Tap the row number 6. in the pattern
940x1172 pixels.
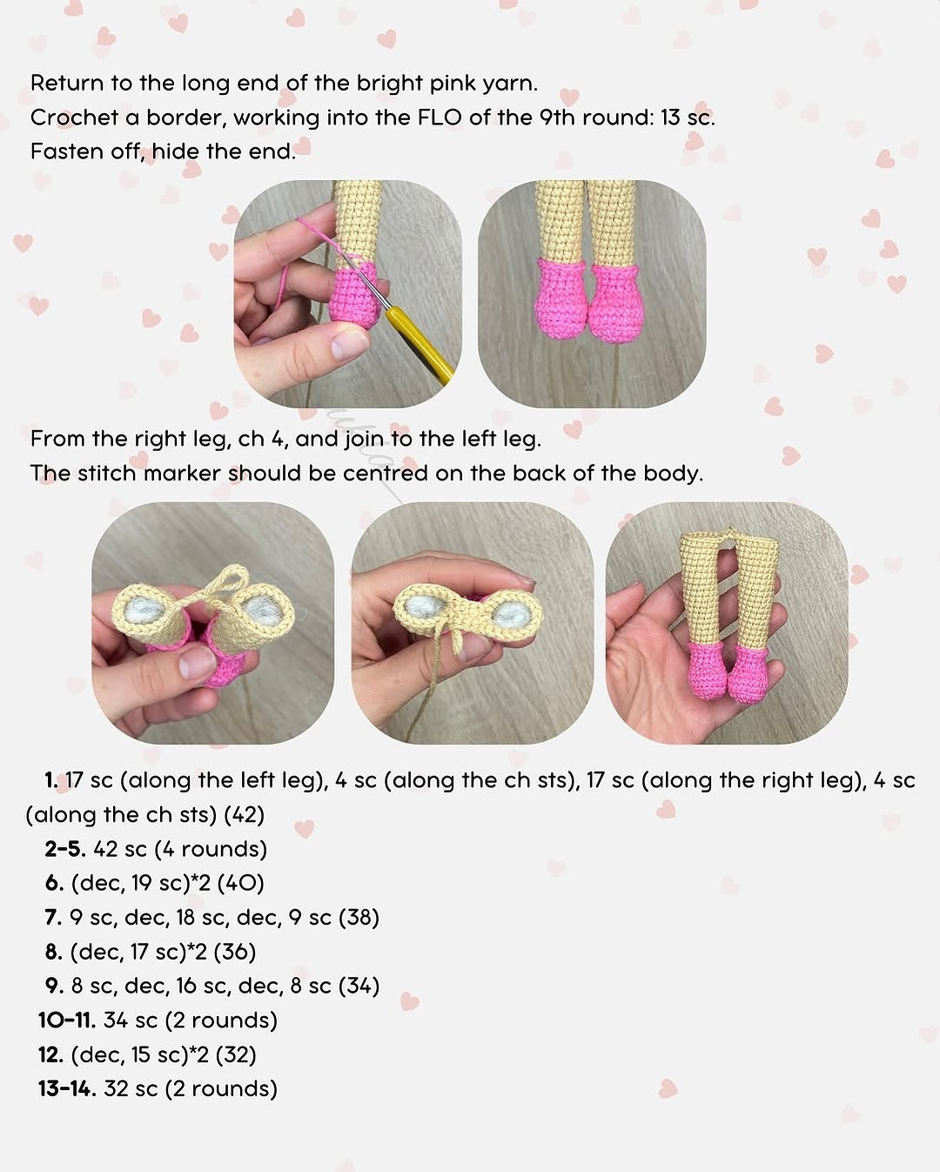click(x=55, y=883)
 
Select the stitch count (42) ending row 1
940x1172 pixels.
click(x=244, y=815)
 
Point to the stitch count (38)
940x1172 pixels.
click(x=359, y=917)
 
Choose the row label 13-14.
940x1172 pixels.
click(x=66, y=1088)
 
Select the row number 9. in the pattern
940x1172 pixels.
click(x=55, y=986)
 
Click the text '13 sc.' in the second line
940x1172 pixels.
click(x=688, y=118)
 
